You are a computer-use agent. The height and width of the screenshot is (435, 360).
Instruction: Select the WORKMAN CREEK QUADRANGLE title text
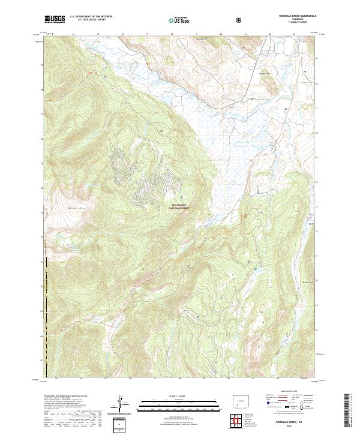(x=293, y=15)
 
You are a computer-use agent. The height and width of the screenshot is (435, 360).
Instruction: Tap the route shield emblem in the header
(x=239, y=19)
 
